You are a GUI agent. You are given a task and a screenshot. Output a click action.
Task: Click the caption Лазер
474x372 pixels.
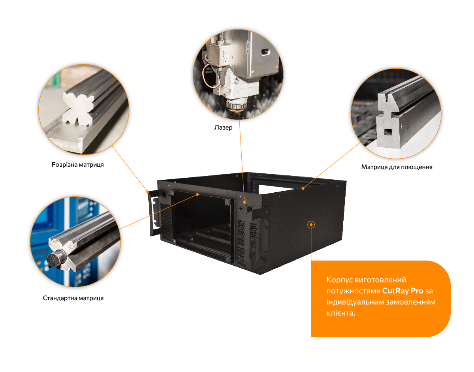[223, 127]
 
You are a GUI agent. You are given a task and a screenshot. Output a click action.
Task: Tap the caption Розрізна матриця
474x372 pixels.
[77, 164]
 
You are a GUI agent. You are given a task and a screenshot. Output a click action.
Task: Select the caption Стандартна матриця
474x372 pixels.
[73, 298]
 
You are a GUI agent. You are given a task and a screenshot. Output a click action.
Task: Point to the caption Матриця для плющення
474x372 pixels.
[397, 167]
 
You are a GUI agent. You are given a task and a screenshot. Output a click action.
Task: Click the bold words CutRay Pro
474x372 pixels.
[403, 291]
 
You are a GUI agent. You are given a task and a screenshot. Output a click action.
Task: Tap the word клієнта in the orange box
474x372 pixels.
[341, 313]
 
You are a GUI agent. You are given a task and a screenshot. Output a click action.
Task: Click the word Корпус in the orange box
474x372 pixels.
[339, 280]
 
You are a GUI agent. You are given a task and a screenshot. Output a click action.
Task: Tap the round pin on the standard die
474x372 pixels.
[55, 259]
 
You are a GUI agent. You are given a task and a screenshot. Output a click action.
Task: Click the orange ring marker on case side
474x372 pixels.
[311, 225]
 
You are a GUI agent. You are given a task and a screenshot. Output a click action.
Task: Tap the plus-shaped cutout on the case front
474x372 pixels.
[241, 209]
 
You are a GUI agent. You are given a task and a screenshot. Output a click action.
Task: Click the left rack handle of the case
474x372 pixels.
[154, 213]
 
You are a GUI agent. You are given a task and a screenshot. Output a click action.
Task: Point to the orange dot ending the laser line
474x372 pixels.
[244, 203]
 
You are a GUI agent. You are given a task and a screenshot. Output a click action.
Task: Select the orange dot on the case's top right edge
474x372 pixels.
[303, 188]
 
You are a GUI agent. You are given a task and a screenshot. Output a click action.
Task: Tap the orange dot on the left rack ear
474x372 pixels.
[148, 192]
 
